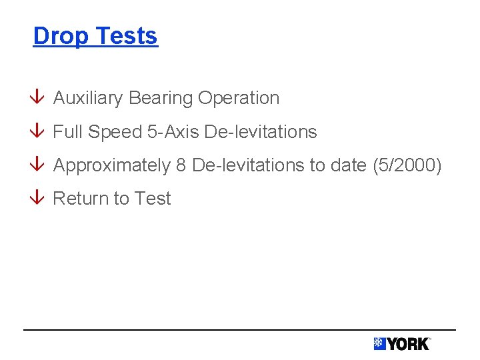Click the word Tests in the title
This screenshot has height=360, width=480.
tap(127, 36)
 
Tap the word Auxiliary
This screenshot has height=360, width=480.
tap(88, 98)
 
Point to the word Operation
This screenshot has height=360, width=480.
tap(238, 98)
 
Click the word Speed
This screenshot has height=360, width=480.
tap(115, 132)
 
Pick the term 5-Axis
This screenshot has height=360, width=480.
tap(173, 132)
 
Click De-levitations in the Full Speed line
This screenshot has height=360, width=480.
tap(261, 132)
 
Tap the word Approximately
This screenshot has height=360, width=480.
tap(111, 165)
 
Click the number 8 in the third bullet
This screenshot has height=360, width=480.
tap(181, 165)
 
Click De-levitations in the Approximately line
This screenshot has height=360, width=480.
tap(248, 165)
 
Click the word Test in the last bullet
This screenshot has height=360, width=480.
tap(153, 199)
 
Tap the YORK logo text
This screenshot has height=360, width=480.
tap(408, 344)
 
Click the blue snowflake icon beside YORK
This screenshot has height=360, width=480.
tap(379, 344)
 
